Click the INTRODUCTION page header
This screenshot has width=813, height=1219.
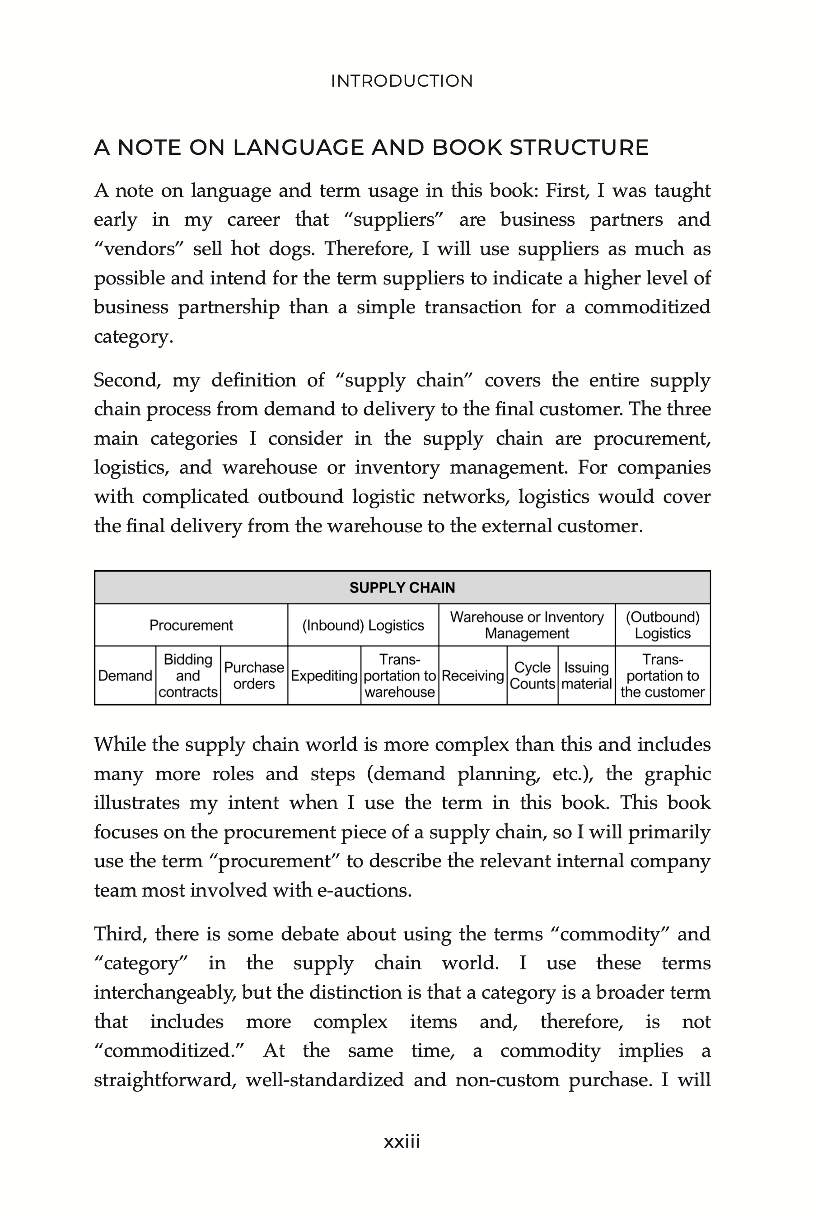[402, 81]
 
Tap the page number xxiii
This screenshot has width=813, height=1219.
[402, 1141]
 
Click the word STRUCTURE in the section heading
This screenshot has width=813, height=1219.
[579, 148]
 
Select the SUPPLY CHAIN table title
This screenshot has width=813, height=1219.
[402, 587]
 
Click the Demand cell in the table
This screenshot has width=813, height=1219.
[125, 676]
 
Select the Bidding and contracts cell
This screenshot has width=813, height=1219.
[188, 676]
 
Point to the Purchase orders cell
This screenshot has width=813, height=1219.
[254, 676]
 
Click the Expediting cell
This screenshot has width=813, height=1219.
[324, 676]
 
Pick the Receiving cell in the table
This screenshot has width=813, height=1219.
[473, 676]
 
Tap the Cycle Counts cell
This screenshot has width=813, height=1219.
[533, 676]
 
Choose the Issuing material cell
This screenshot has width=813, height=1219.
[586, 676]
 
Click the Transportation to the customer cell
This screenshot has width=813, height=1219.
[663, 676]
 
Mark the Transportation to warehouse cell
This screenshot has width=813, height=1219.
[400, 676]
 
